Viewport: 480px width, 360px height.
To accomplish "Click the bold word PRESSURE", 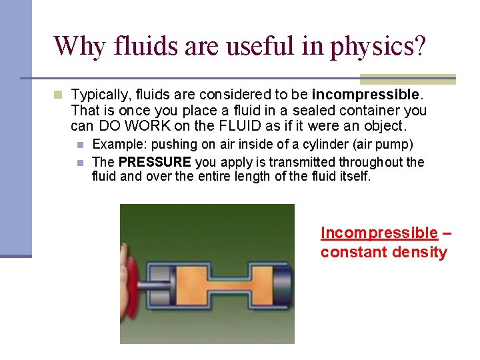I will [155, 162].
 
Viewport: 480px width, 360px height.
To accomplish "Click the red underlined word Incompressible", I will [379, 233].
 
